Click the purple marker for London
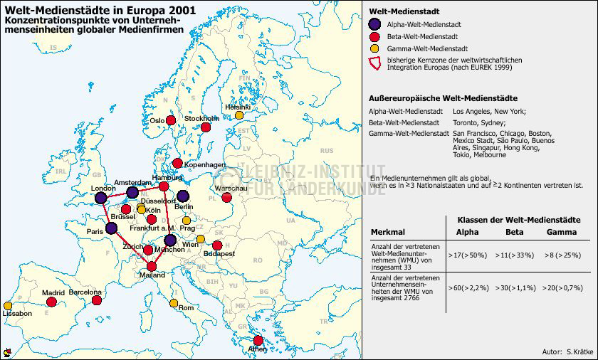click(101, 197)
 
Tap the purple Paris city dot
click(111, 228)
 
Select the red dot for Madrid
click(51, 302)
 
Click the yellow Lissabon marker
click(8, 305)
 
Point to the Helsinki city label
click(237, 107)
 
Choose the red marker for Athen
click(258, 341)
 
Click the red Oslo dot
click(171, 120)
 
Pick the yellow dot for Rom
click(174, 303)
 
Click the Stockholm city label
click(201, 118)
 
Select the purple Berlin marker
click(183, 196)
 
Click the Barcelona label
click(85, 292)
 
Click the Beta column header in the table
click(514, 233)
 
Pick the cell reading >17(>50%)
click(468, 254)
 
